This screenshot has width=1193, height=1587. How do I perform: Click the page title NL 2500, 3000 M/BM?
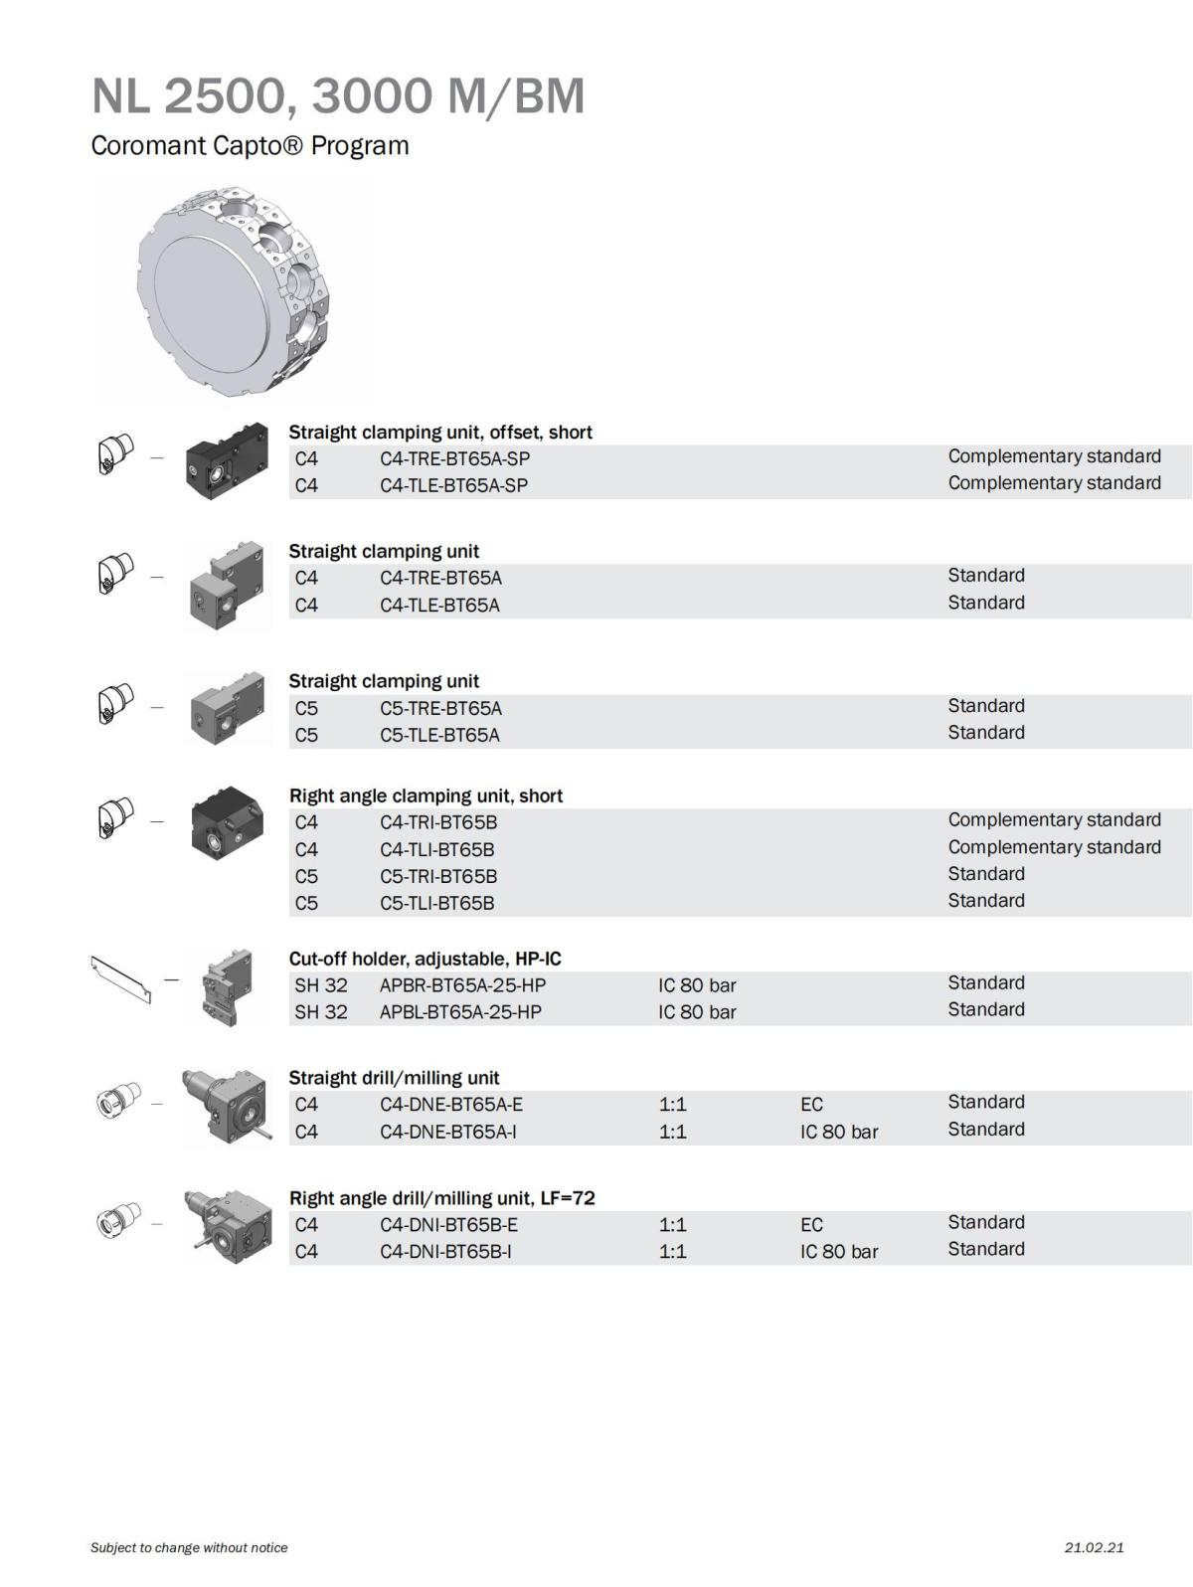pyautogui.click(x=338, y=96)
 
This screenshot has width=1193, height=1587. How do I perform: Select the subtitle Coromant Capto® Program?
pyautogui.click(x=250, y=145)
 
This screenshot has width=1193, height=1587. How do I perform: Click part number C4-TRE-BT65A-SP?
pyautogui.click(x=454, y=458)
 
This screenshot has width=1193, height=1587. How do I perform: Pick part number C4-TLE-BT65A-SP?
pyautogui.click(x=453, y=485)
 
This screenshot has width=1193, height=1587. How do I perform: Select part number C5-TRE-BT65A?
pyautogui.click(x=440, y=708)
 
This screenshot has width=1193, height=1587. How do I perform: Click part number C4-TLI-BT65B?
pyautogui.click(x=437, y=849)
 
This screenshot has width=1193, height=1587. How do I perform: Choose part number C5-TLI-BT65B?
pyautogui.click(x=437, y=903)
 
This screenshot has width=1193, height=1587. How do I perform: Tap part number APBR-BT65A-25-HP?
pyautogui.click(x=462, y=985)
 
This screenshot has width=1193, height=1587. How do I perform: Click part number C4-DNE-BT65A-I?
pyautogui.click(x=448, y=1132)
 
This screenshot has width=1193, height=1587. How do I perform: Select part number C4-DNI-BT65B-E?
pyautogui.click(x=448, y=1225)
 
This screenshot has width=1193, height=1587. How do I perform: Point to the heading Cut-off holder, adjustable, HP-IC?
pyautogui.click(x=425, y=959)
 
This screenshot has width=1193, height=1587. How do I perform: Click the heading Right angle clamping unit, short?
pyautogui.click(x=426, y=795)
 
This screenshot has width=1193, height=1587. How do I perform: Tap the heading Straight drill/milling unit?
pyautogui.click(x=394, y=1078)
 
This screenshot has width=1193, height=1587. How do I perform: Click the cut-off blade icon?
pyautogui.click(x=121, y=979)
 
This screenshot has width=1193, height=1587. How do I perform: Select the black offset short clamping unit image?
pyautogui.click(x=227, y=461)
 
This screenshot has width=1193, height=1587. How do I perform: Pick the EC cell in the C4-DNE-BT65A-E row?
pyautogui.click(x=811, y=1105)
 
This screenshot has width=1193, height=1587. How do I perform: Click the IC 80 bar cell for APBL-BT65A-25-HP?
pyautogui.click(x=697, y=1012)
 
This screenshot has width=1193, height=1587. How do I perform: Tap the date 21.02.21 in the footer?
pyautogui.click(x=1094, y=1547)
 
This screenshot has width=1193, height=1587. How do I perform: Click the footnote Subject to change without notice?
pyautogui.click(x=189, y=1547)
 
